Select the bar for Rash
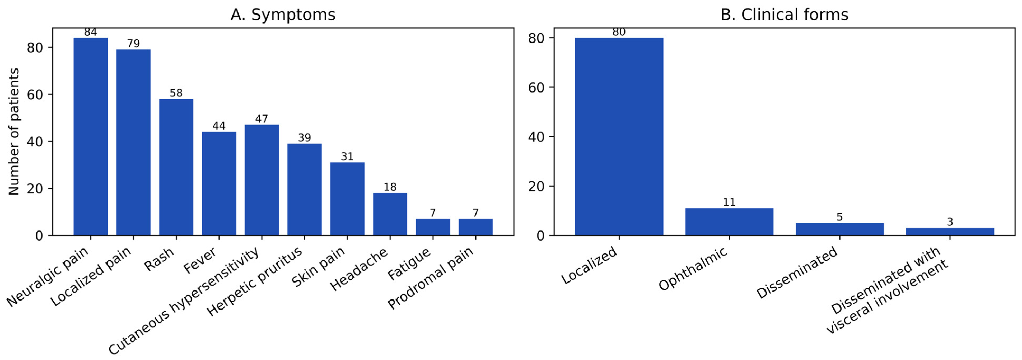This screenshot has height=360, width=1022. (176, 167)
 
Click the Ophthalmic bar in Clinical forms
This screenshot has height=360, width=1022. (729, 221)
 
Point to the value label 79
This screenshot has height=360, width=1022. (133, 44)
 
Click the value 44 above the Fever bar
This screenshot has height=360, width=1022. (219, 126)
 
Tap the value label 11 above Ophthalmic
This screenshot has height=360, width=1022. (729, 202)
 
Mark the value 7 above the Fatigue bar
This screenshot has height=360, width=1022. (433, 213)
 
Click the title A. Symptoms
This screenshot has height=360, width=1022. (283, 15)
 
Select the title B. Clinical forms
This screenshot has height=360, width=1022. (784, 15)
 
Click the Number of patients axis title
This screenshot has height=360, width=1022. (14, 131)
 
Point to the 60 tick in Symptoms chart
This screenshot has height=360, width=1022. (35, 94)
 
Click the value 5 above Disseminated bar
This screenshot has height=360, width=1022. (839, 217)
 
